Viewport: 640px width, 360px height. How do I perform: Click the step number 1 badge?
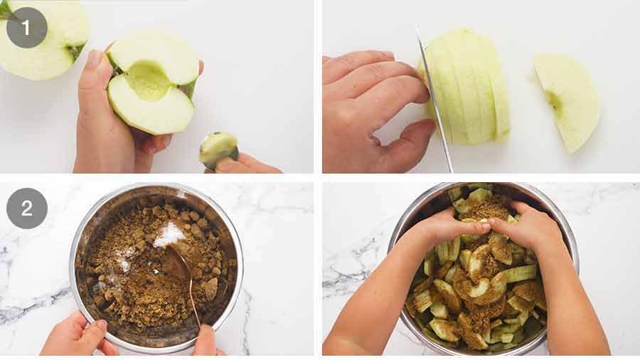pos(27,28)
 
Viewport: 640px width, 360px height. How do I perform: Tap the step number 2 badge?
pos(27,208)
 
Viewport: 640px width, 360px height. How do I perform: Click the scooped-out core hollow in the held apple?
pos(149,81)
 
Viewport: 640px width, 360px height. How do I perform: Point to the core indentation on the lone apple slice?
pos(553,100)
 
